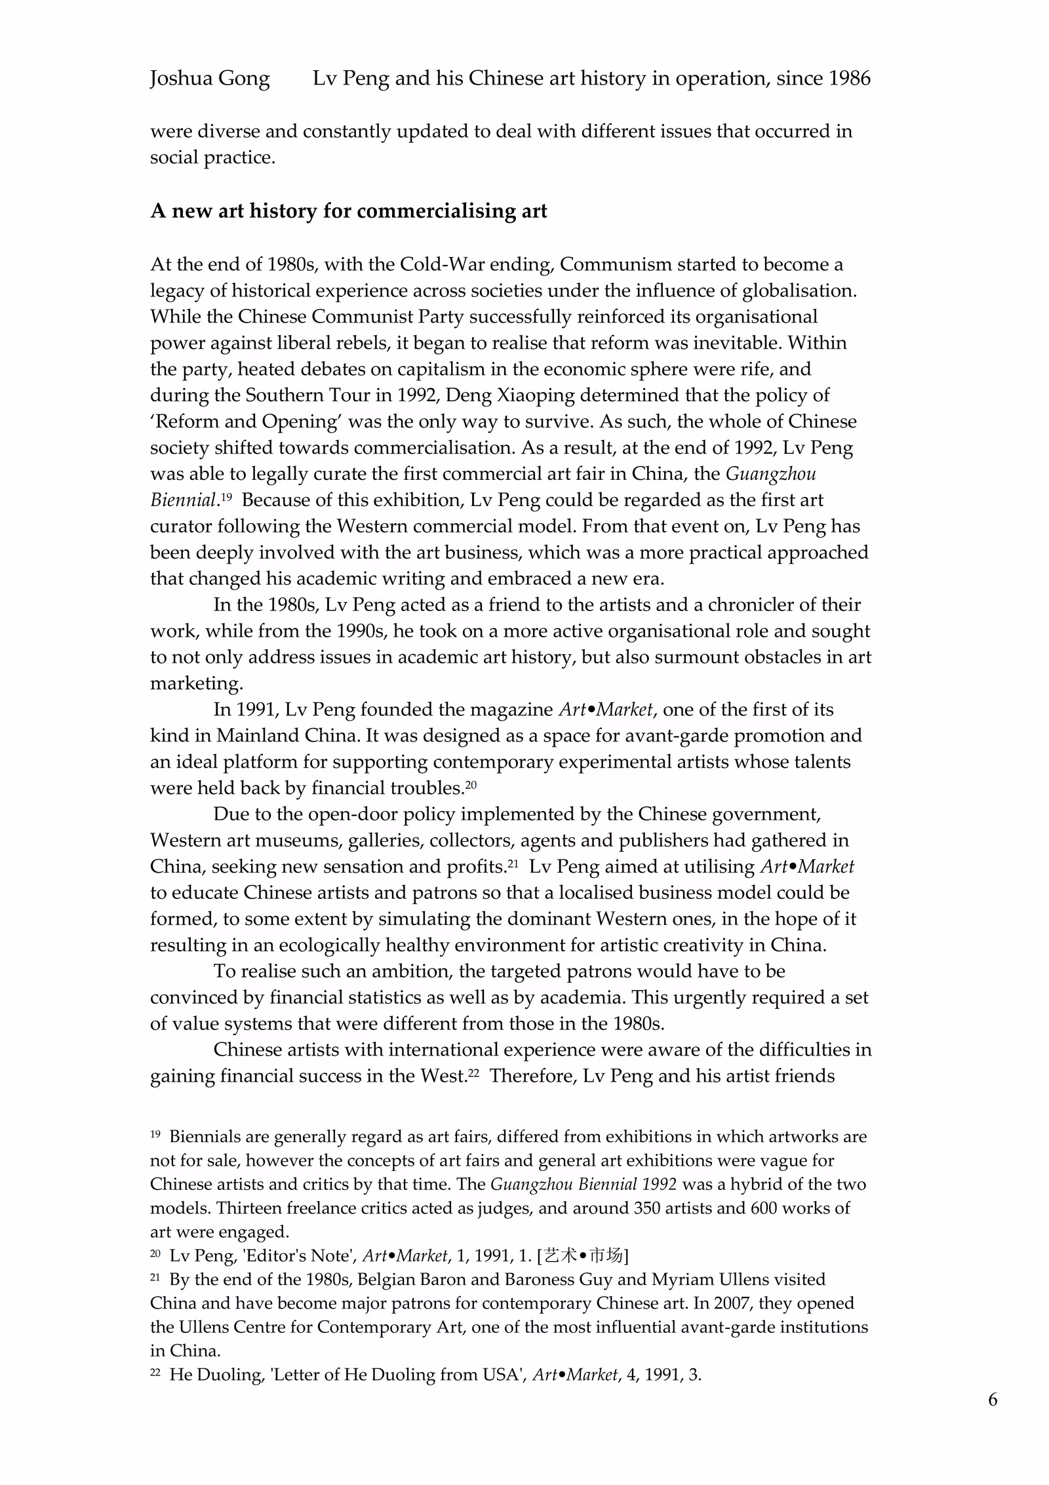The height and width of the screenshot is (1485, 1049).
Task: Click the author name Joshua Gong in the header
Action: click(210, 79)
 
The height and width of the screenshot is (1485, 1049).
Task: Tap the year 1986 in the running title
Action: click(849, 79)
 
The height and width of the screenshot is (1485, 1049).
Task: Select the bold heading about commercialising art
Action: click(348, 211)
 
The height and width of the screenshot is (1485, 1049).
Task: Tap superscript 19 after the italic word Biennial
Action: click(226, 497)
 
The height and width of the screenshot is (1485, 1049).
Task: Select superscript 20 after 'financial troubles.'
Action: click(471, 785)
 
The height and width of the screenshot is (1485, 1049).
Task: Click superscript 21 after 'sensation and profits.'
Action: click(513, 863)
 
